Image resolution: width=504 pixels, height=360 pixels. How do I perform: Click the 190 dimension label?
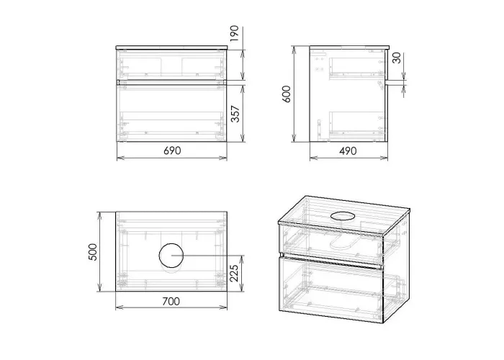[235, 33]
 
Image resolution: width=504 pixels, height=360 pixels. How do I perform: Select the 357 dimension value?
[235, 114]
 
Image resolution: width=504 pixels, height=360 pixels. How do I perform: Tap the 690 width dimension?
[172, 150]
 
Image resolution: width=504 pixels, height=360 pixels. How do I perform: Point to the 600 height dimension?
[286, 94]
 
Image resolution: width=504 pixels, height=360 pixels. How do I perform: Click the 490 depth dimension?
[348, 150]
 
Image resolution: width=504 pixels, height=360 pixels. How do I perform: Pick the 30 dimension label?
[397, 58]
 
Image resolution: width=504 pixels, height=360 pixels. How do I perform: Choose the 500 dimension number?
[93, 252]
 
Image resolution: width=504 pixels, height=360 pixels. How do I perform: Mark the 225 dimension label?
[234, 273]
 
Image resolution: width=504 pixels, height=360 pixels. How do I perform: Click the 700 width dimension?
[171, 301]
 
